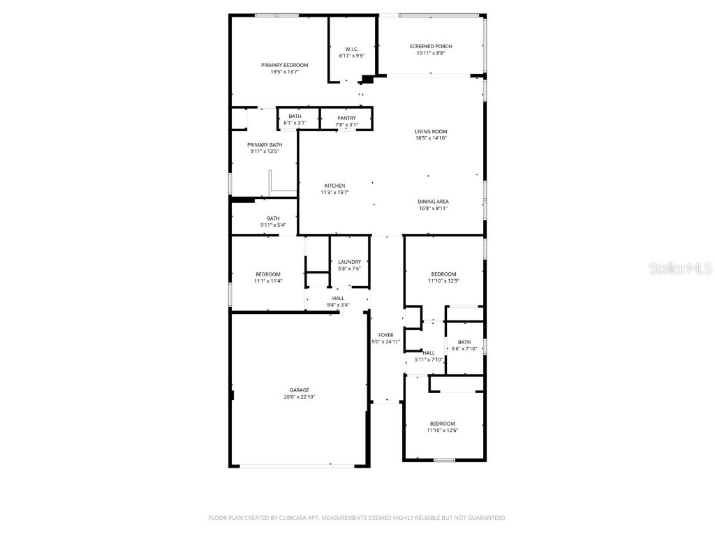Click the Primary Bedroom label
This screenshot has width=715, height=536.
284,65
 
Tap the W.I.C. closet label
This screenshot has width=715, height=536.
351,49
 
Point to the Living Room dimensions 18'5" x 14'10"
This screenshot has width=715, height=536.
431,138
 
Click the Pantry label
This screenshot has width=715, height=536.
346,118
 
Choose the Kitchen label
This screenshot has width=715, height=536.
334,186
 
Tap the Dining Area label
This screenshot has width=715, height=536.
433,201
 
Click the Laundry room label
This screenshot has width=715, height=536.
348,262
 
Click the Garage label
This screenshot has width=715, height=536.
300,390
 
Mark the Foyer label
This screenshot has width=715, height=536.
385,335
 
